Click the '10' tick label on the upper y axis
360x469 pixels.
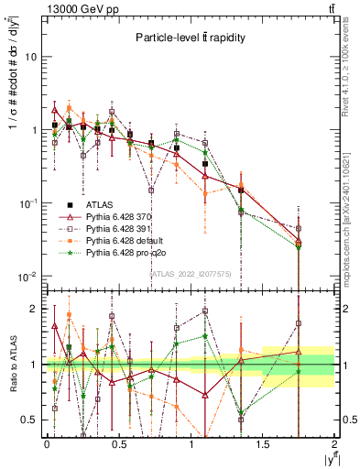click(x=29, y=57)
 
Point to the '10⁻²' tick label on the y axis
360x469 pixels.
click(x=27, y=276)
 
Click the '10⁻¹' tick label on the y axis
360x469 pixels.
click(x=27, y=202)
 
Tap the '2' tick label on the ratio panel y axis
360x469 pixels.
click(x=32, y=309)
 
